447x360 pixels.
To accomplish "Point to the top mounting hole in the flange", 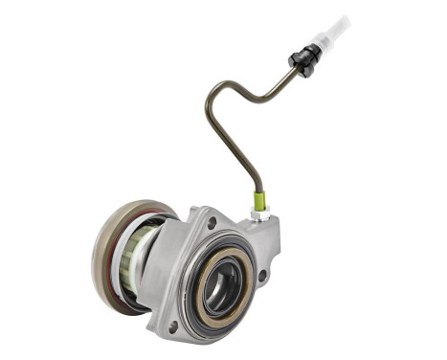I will (210, 223).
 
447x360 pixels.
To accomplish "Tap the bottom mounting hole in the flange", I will (172, 326).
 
